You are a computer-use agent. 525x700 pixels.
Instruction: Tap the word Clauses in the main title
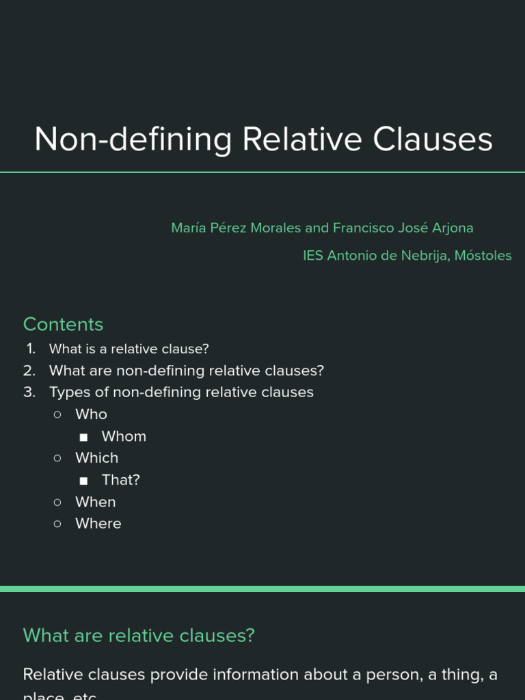point(433,139)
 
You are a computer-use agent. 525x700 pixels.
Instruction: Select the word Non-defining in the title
point(133,139)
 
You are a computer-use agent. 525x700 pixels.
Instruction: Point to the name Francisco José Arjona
point(403,228)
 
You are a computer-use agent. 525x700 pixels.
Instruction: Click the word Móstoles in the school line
point(483,256)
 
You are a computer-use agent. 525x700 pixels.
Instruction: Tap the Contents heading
point(63,324)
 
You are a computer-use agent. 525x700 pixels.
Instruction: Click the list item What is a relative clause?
point(129,349)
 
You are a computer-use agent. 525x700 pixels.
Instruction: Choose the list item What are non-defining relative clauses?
point(186,371)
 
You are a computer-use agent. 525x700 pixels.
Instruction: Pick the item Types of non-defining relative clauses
point(181,392)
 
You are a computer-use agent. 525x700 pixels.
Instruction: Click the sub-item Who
point(91,414)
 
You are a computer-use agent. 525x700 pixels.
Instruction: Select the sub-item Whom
point(124,436)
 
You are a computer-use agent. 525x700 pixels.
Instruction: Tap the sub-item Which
point(96,458)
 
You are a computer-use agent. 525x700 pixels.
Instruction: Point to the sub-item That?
point(121,480)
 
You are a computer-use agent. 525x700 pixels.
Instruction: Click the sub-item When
point(96,502)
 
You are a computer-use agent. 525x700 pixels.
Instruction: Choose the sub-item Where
point(98,524)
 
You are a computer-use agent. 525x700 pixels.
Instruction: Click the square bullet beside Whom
point(83,437)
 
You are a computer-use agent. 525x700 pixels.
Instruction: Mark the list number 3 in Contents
point(29,392)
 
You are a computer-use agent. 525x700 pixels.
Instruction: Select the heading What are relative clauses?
point(139,635)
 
